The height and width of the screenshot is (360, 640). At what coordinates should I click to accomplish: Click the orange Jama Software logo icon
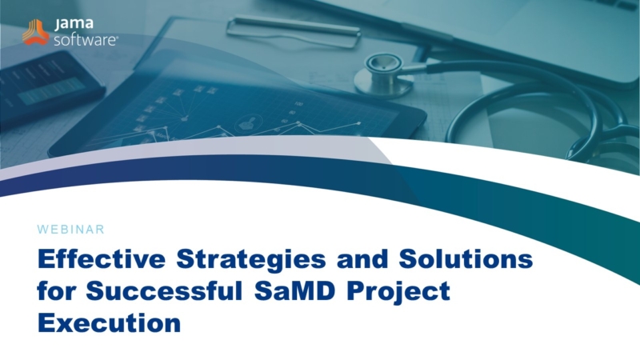[x=35, y=32]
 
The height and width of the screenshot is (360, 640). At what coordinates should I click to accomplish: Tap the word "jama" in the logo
[x=74, y=24]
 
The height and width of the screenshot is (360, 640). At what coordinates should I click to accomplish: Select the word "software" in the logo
[x=85, y=40]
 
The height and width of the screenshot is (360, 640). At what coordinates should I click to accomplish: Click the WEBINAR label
[x=70, y=230]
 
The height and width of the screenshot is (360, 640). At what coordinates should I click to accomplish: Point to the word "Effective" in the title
[x=102, y=258]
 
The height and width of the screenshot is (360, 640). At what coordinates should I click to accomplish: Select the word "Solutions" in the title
[x=466, y=258]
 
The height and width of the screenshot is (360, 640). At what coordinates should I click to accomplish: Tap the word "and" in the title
[x=362, y=258]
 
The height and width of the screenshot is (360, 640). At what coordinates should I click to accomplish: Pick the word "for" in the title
[x=56, y=290]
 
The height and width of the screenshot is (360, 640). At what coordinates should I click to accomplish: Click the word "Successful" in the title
[x=165, y=290]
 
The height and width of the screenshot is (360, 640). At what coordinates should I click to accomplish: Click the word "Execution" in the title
[x=109, y=323]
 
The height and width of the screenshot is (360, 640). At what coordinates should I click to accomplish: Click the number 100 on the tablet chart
[x=298, y=104]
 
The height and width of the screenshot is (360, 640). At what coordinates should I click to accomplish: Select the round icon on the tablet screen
[x=249, y=122]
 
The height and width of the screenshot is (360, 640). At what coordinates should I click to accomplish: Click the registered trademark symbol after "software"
[x=117, y=38]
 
